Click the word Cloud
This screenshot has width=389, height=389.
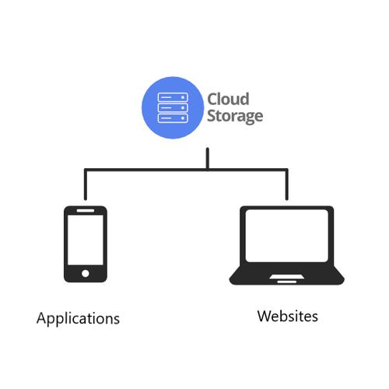pyautogui.click(x=228, y=99)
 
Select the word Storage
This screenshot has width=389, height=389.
pyautogui.click(x=235, y=117)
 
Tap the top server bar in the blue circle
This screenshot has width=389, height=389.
pyautogui.click(x=172, y=97)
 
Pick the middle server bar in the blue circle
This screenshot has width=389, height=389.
pyautogui.click(x=172, y=107)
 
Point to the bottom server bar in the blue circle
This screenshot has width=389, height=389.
pyautogui.click(x=172, y=117)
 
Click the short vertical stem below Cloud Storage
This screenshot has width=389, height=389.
pyautogui.click(x=208, y=158)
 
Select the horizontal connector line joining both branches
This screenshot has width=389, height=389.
pyautogui.click(x=187, y=169)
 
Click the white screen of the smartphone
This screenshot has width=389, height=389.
pyautogui.click(x=85, y=240)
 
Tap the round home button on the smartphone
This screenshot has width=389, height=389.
pyautogui.click(x=85, y=273)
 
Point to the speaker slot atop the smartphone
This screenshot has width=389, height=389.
pyautogui.click(x=85, y=210)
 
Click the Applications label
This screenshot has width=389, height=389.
pyautogui.click(x=78, y=319)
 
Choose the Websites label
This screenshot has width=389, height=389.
pyautogui.click(x=287, y=317)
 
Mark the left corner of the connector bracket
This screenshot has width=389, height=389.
pyautogui.click(x=85, y=169)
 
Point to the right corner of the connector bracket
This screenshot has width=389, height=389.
pyautogui.click(x=289, y=169)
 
